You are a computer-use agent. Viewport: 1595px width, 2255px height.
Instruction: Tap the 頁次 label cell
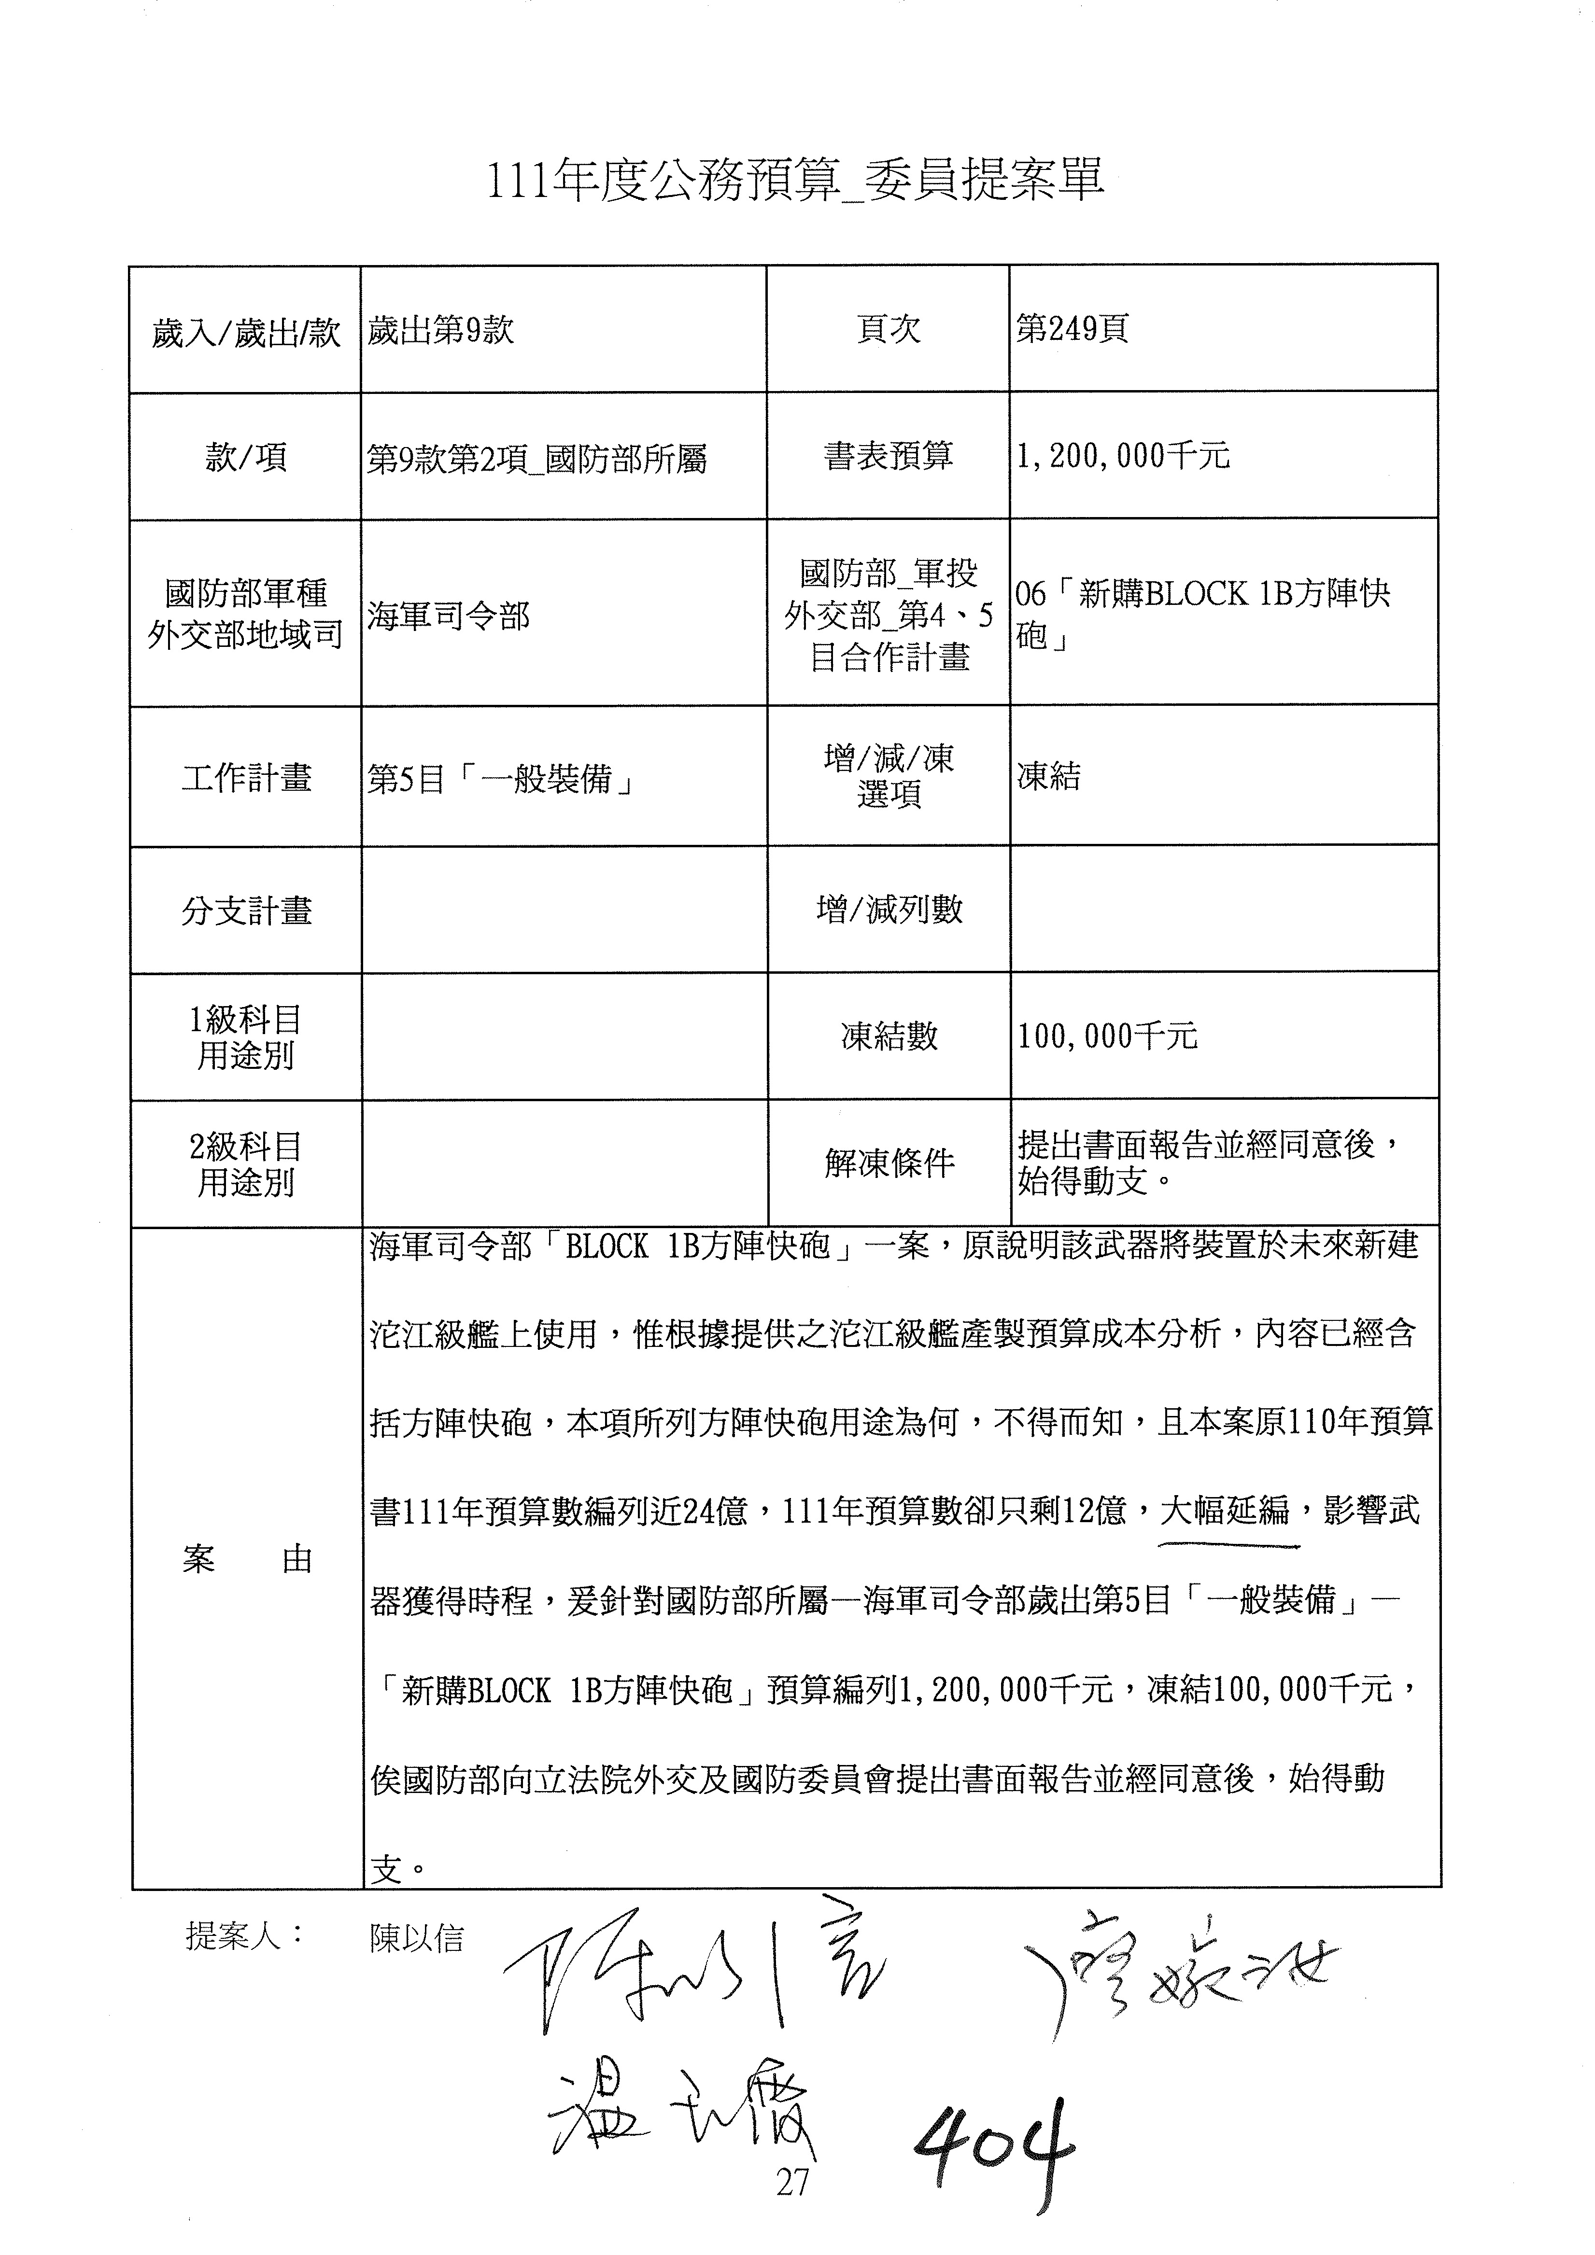tap(888, 330)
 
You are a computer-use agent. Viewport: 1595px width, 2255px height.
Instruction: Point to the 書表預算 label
tap(888, 456)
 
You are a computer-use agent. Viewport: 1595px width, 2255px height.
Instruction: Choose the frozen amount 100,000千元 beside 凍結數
tap(1107, 1036)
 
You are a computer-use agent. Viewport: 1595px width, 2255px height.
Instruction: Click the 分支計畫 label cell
tap(245, 910)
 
